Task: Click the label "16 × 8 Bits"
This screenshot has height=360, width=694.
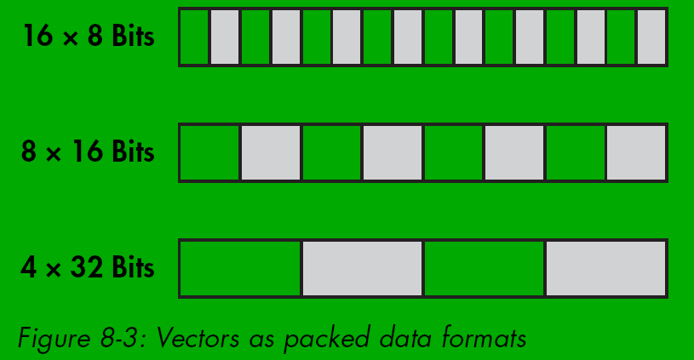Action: coord(89,37)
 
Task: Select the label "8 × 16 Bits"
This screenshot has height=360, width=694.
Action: coord(89,152)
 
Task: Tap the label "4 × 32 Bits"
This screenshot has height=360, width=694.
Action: coord(89,268)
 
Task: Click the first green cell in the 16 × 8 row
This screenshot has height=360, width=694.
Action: coord(194,37)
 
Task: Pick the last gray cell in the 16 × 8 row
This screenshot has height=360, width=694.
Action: coord(651,37)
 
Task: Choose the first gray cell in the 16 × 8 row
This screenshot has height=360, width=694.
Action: coord(225,37)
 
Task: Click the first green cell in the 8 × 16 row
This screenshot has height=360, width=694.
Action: coord(209,152)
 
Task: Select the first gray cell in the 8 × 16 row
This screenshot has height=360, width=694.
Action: coord(271,152)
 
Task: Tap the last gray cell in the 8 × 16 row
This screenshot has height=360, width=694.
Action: coord(636,152)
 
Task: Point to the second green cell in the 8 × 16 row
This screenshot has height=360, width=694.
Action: coord(332,152)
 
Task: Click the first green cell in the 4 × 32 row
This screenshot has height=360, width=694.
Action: coord(240,268)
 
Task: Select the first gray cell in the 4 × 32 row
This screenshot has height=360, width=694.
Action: coord(362,268)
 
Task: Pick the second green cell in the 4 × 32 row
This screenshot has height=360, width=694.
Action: coord(484,268)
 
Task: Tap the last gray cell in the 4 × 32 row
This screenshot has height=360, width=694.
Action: coord(605,268)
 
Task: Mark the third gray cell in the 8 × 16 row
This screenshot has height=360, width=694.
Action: coord(514,152)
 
